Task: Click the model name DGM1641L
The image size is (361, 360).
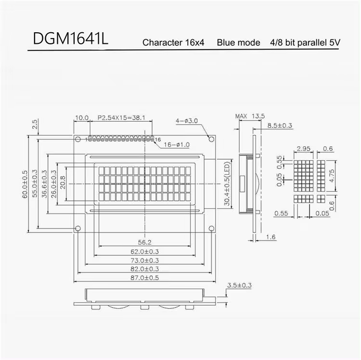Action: point(71,40)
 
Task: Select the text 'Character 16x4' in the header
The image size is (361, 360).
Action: point(173,43)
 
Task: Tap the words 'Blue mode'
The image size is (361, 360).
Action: point(238,43)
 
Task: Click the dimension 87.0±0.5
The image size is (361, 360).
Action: point(145,278)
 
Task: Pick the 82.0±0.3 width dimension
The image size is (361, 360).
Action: point(145,269)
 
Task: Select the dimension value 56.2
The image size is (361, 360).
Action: point(145,242)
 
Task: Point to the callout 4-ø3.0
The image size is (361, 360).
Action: point(187,121)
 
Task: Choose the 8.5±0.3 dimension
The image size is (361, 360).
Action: point(280,126)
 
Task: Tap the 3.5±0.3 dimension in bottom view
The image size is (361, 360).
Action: point(239,285)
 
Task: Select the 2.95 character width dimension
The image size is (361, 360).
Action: point(303,148)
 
